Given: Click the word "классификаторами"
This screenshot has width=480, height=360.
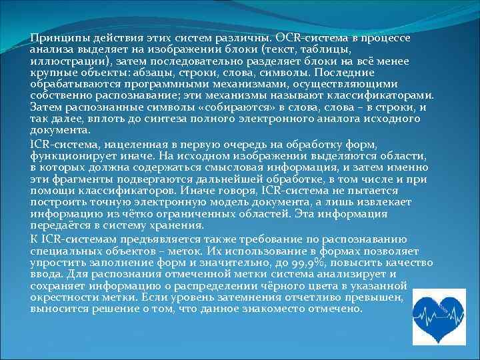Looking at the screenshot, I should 383,95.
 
